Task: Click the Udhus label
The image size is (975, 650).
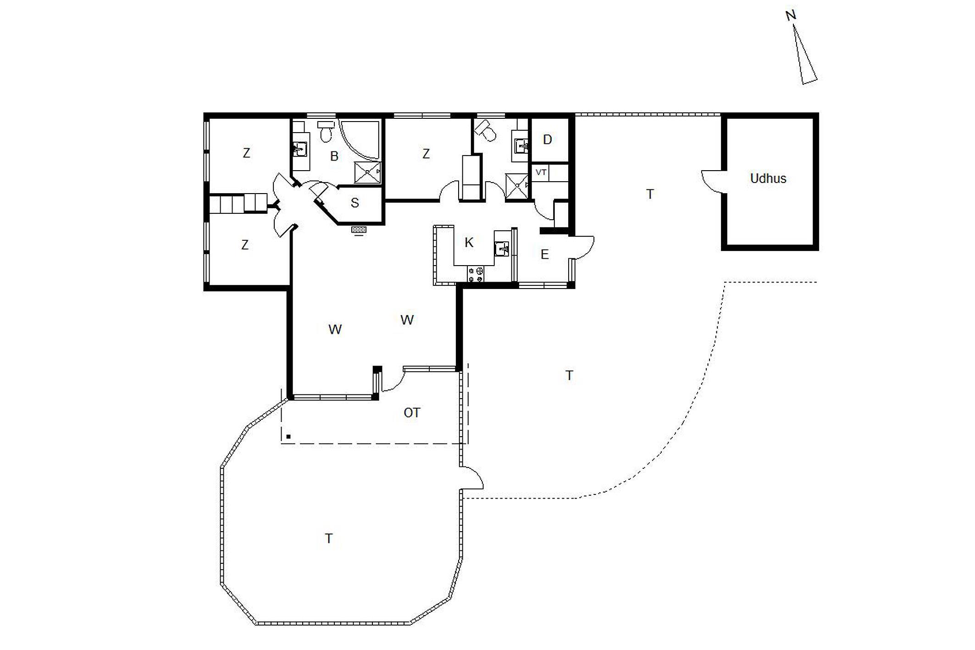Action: coord(768,178)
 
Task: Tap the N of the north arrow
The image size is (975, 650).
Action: coord(790,16)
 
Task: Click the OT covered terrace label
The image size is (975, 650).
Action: coord(411,413)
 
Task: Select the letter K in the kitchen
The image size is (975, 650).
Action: coord(469,242)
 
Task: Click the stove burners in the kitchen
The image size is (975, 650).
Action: coord(476,274)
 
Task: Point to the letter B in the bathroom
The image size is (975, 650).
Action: coord(334,156)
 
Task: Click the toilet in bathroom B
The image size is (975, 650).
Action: coord(326,131)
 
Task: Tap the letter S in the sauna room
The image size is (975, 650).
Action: coord(355,203)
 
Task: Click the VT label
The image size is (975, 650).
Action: coord(541,172)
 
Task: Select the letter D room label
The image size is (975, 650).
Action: coord(547,139)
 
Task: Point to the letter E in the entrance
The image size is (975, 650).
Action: coord(545,254)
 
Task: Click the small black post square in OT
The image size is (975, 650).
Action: coord(288,437)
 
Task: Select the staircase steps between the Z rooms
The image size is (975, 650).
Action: coord(238,203)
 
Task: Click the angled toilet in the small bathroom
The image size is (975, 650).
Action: coord(485,131)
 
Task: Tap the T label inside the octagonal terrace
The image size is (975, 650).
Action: coord(328,539)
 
